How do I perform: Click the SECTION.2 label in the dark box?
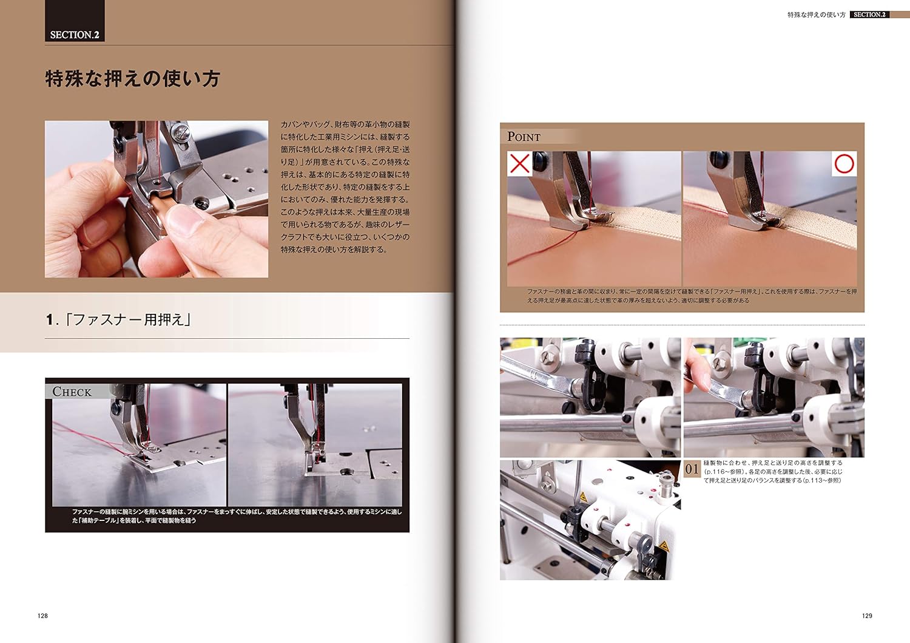[75, 35]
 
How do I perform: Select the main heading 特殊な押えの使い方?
[132, 78]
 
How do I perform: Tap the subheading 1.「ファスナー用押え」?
[118, 319]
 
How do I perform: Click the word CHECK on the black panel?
[72, 392]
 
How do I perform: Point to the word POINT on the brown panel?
[524, 137]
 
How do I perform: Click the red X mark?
[519, 163]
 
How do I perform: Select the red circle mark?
[844, 163]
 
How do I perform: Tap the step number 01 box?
[692, 469]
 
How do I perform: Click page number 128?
[42, 616]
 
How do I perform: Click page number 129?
[867, 616]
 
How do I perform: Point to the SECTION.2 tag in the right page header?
[869, 15]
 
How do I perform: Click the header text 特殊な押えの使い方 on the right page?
[817, 15]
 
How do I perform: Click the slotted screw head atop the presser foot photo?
[180, 132]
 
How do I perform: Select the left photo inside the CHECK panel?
[139, 445]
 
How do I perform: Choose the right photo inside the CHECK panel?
[315, 445]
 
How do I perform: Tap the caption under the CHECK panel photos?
[237, 516]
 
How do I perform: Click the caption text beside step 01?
[773, 471]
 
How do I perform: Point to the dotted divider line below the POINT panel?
[682, 325]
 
